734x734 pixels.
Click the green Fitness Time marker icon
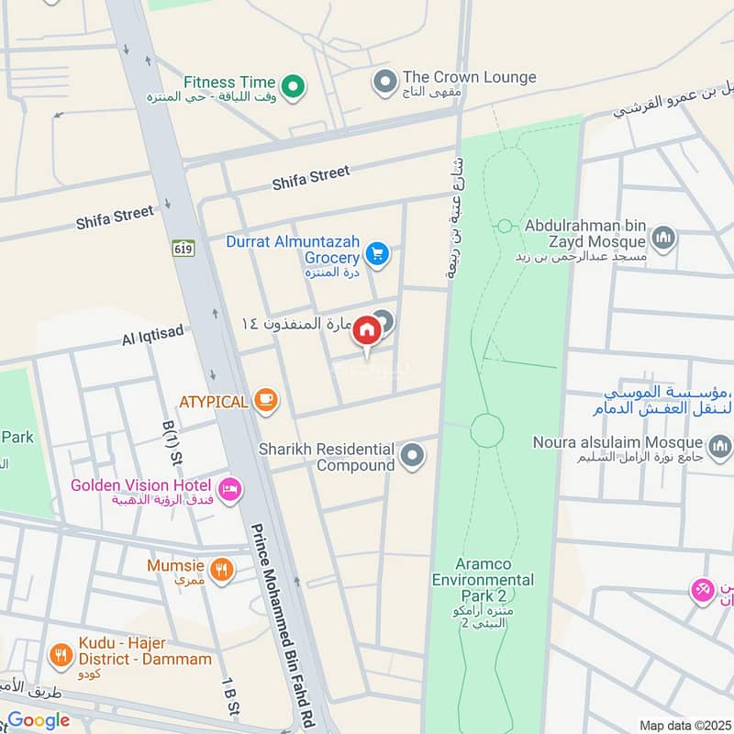point(293,87)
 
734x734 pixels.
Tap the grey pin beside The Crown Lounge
point(384,83)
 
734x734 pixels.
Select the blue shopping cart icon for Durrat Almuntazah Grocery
point(375,253)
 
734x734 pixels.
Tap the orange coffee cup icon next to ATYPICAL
point(266,400)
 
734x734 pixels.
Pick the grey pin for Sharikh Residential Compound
point(414,454)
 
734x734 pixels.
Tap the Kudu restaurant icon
point(61,655)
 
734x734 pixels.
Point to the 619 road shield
point(183,248)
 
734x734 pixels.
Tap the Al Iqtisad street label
point(153,338)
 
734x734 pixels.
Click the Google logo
point(39,720)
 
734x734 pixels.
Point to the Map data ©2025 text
point(684,725)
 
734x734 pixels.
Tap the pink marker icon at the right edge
point(703,591)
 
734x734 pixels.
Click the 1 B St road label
point(229,703)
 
